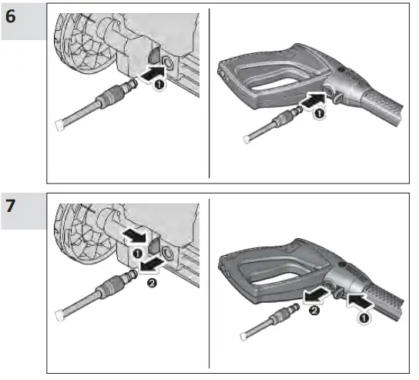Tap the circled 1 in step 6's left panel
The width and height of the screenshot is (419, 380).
point(159,86)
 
